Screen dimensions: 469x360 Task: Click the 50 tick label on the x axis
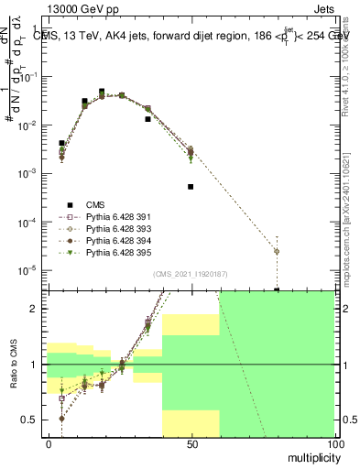[191, 444]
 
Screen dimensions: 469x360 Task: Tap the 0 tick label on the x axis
[49, 444]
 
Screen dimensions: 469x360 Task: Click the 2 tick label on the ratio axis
[35, 309]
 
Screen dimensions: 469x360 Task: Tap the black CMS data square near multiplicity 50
[191, 187]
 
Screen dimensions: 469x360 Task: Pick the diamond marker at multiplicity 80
[277, 252]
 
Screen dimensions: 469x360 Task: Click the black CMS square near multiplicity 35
[147, 119]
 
